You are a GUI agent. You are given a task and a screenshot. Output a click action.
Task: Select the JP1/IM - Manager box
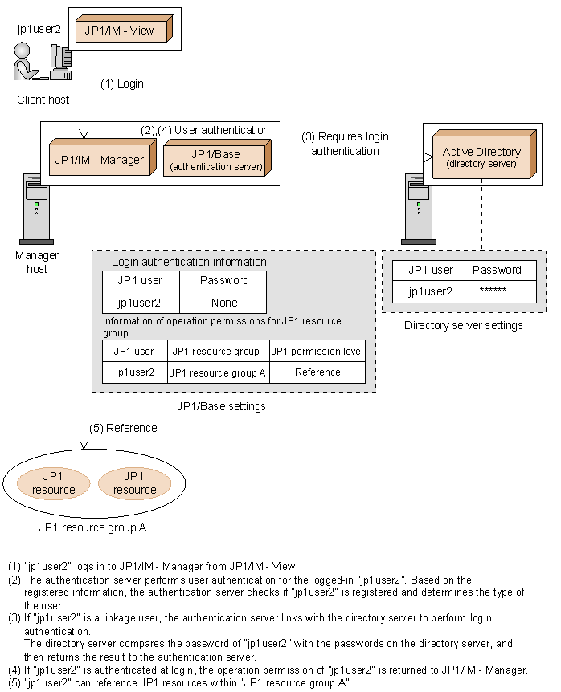coord(98,160)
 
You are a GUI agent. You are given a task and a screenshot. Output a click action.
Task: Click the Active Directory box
coord(481,156)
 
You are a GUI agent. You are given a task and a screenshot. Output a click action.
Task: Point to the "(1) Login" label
coord(121,83)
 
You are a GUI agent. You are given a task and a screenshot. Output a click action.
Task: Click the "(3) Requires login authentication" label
coord(345,144)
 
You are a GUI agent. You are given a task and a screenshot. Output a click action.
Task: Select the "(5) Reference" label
coord(123,428)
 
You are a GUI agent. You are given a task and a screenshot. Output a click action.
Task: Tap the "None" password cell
coord(222,303)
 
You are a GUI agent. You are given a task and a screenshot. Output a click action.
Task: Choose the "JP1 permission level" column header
coord(317,351)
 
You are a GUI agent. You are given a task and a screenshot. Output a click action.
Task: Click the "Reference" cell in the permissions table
coord(317,372)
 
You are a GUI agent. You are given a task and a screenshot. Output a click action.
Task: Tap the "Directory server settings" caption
coord(464,325)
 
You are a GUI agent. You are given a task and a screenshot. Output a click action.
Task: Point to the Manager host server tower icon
coord(36,207)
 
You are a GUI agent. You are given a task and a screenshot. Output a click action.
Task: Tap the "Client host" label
coord(43,100)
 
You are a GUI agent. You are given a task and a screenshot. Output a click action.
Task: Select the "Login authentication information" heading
coord(189,262)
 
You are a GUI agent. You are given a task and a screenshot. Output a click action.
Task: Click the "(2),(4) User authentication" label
coord(205,130)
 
